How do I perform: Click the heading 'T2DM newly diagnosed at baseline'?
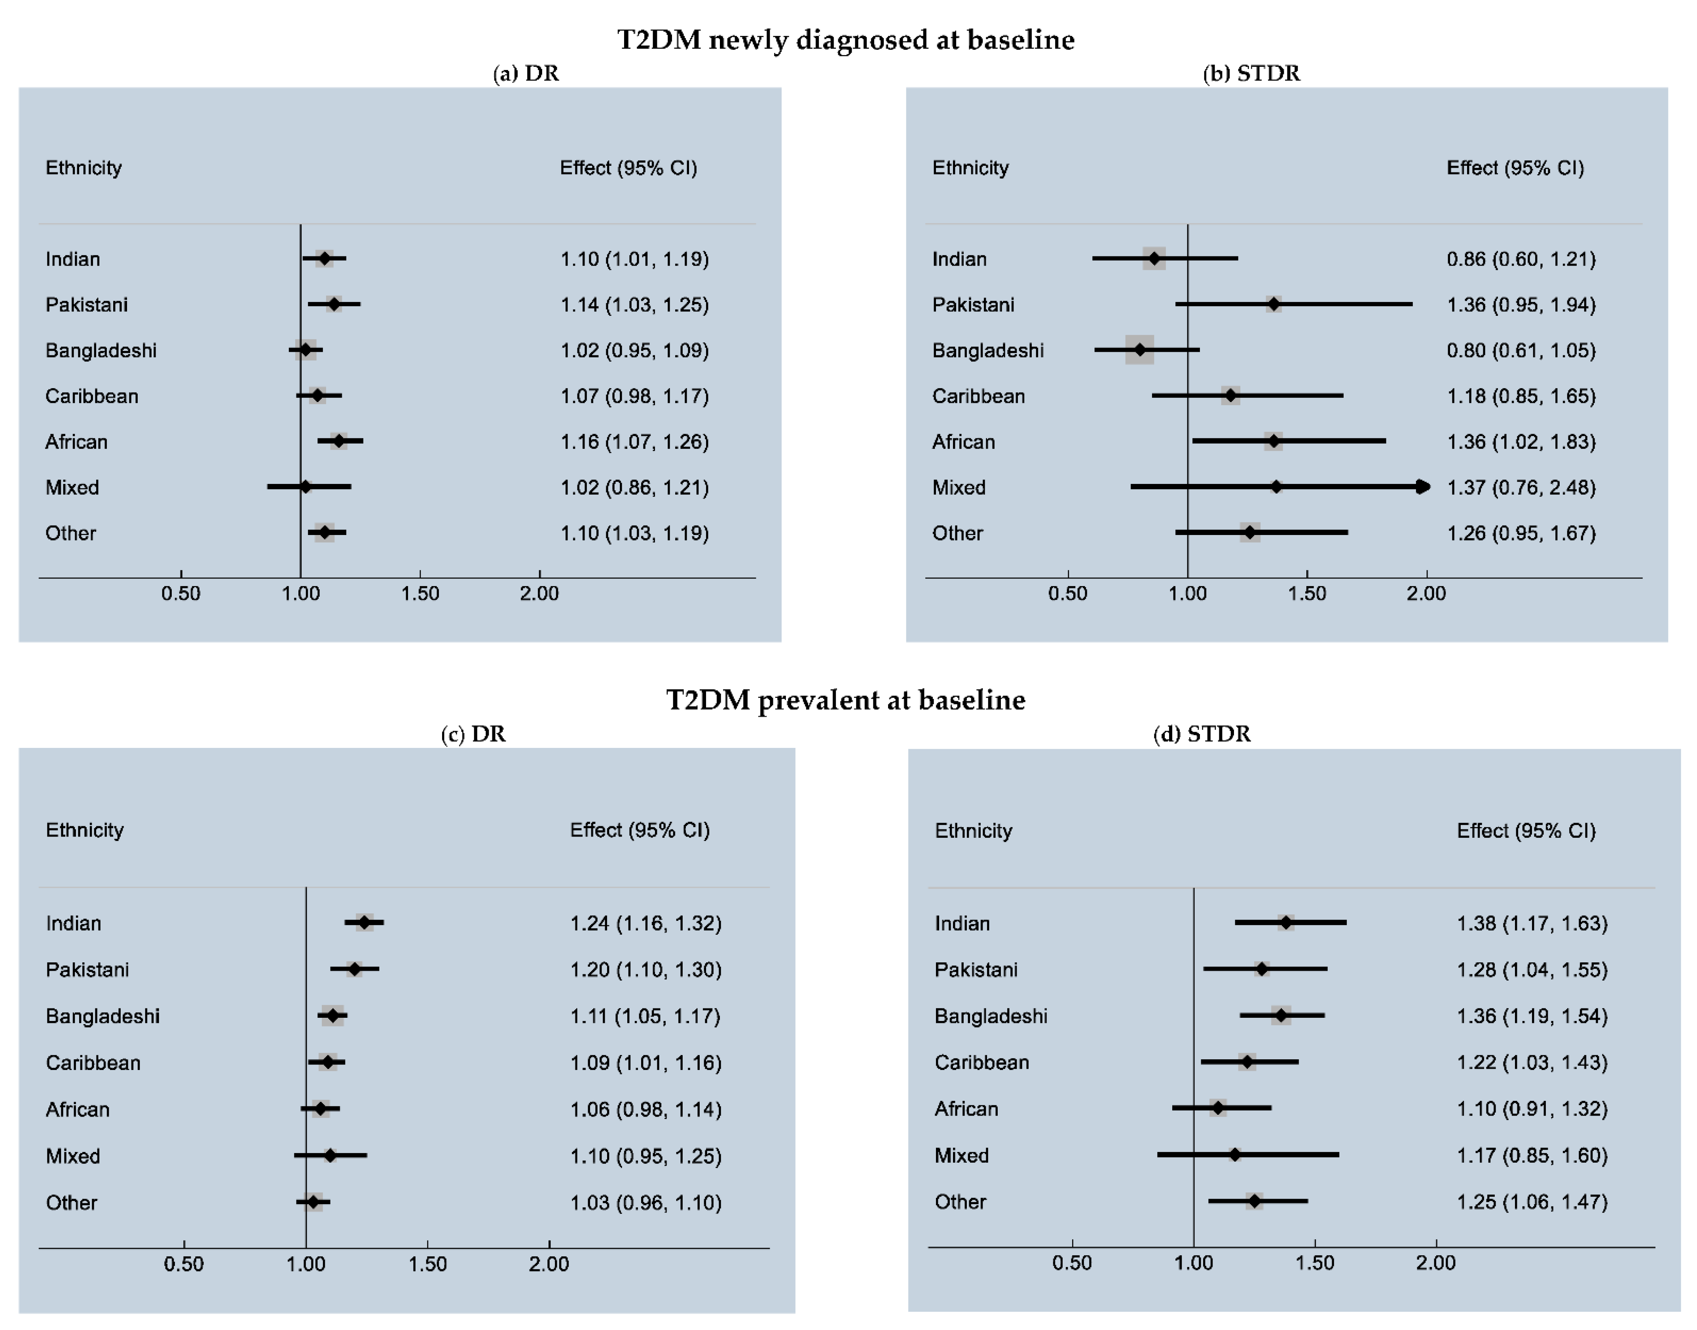846,40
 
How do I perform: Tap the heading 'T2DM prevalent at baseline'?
846,700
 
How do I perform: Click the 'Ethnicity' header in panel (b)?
970,168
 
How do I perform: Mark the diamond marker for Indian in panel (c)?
364,923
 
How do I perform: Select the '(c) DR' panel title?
473,734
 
